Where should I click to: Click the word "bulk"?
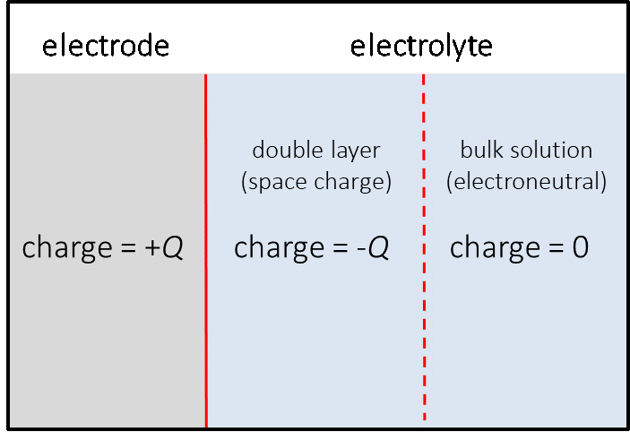pyautogui.click(x=479, y=150)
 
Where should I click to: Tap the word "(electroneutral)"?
pyautogui.click(x=527, y=182)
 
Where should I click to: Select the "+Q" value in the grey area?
pyautogui.click(x=163, y=247)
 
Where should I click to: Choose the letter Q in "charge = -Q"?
pyautogui.click(x=378, y=248)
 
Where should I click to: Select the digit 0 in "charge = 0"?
pyautogui.click(x=579, y=247)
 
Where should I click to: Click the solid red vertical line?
pyautogui.click(x=206, y=341)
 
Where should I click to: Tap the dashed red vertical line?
pyautogui.click(x=424, y=341)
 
